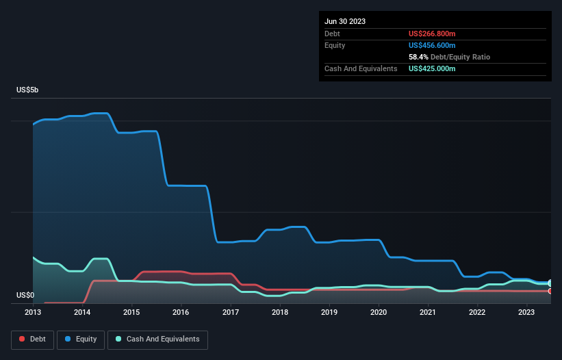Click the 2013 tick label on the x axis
point(33,312)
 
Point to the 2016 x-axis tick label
point(181,312)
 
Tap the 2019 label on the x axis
point(329,312)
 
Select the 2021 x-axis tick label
point(428,312)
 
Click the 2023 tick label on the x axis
point(526,312)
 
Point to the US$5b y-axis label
point(28,90)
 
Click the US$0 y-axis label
point(25,296)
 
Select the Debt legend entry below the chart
point(33,339)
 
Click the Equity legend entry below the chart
point(80,339)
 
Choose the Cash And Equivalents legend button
point(157,339)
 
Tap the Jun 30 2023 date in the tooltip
point(345,21)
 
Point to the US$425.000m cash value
point(432,68)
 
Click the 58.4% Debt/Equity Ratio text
point(449,57)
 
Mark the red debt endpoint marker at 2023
point(550,291)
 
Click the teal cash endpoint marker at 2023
point(550,283)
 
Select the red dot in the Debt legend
point(22,339)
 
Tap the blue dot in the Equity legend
point(68,339)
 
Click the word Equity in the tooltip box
point(335,45)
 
